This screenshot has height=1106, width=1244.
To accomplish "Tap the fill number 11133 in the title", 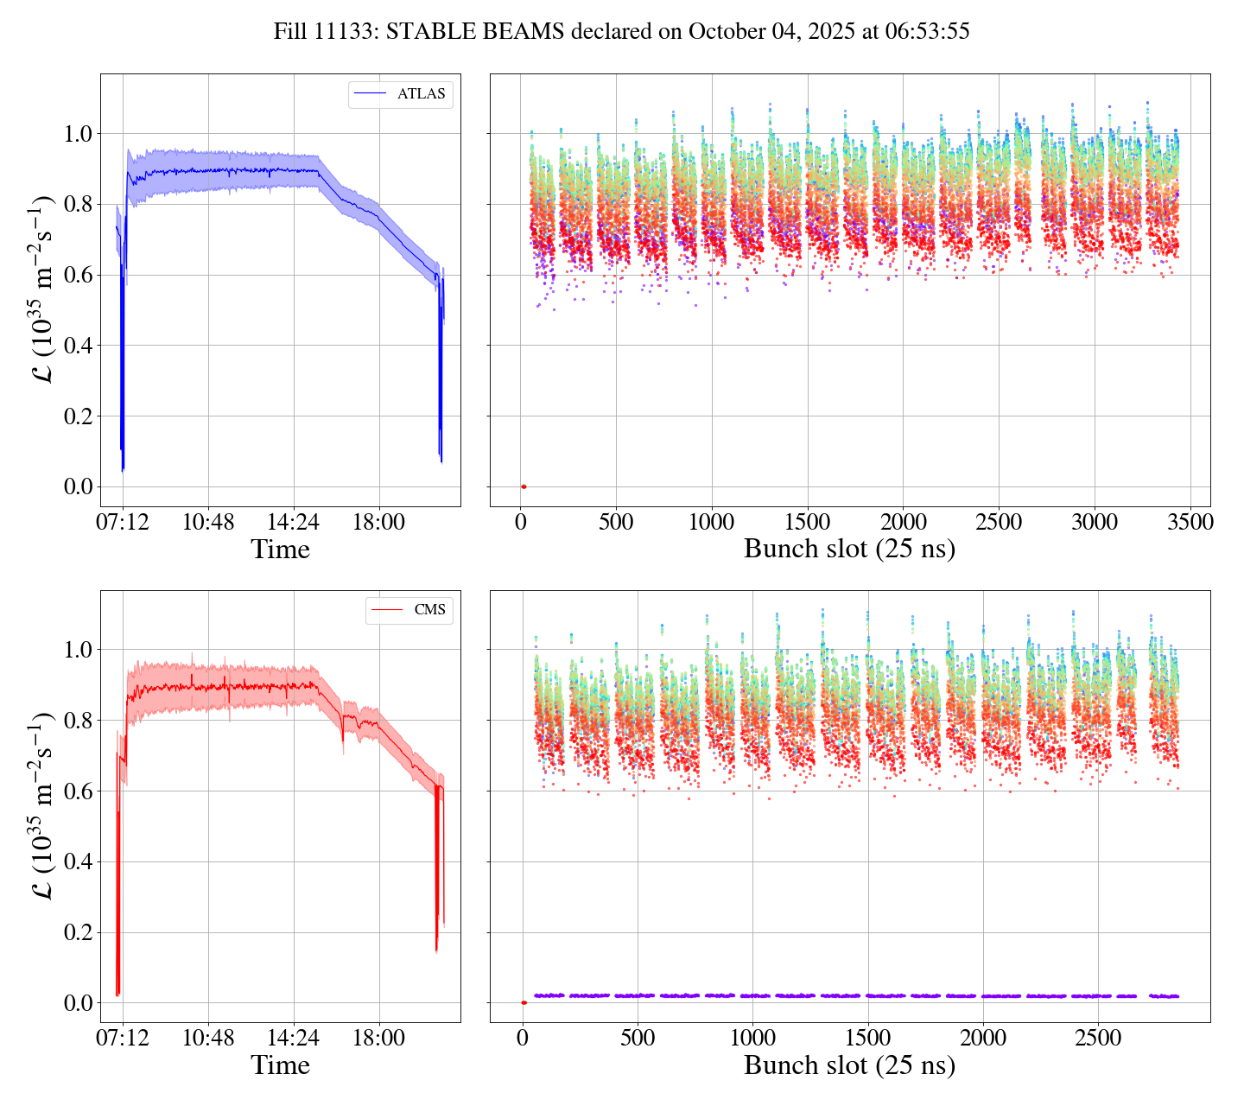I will click(348, 32).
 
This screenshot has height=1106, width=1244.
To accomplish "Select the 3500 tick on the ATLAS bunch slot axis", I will click(1190, 522).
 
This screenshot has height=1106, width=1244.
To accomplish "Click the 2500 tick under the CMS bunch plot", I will click(1098, 1037).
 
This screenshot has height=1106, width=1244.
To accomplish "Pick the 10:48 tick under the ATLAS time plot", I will click(208, 522).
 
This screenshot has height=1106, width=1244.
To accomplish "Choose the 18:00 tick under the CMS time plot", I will click(379, 1037).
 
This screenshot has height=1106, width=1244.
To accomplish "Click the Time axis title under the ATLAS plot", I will click(280, 550).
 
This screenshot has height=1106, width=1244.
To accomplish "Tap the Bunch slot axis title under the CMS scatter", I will click(849, 1065).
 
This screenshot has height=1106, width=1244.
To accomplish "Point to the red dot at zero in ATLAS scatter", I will click(524, 486).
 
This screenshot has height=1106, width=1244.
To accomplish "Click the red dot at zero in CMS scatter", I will click(524, 1002).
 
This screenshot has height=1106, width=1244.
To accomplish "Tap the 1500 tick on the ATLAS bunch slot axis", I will click(808, 522).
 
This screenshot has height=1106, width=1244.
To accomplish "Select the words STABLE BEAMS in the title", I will click(475, 32).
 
